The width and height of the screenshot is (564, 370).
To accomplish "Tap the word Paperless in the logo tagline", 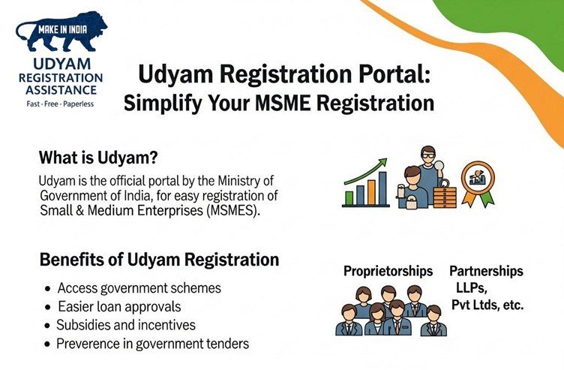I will pyautogui.click(x=77, y=104).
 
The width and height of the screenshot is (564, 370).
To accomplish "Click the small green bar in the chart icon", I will pyautogui.click(x=349, y=198).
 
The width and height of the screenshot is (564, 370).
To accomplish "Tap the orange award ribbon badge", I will pyautogui.click(x=478, y=181).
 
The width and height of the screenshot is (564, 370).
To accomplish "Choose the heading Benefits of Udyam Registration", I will pyautogui.click(x=159, y=260).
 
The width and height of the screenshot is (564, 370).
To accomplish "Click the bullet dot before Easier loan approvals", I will pyautogui.click(x=49, y=307).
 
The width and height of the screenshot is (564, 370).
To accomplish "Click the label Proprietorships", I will pyautogui.click(x=388, y=271).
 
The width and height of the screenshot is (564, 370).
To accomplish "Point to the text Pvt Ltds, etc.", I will pyautogui.click(x=487, y=305).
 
